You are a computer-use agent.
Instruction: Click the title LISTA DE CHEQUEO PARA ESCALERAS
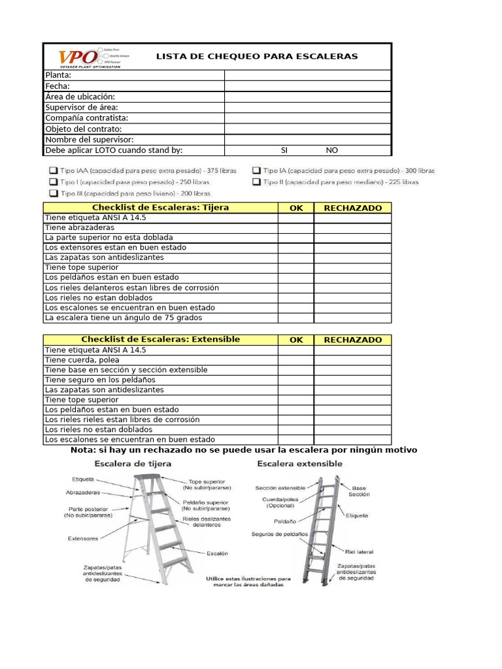(257, 56)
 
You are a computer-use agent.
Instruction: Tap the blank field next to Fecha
(307, 86)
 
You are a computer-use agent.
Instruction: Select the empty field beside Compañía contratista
(307, 118)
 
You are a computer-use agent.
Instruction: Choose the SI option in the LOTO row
(284, 150)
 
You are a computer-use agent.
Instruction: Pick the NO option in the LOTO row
(332, 150)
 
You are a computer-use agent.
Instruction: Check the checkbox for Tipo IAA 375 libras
(53, 170)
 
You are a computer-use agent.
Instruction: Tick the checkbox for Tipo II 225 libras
(257, 182)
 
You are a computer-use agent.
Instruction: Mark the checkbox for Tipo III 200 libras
(53, 194)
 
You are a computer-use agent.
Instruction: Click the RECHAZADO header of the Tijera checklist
(352, 208)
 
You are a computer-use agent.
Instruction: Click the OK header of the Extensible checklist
(296, 340)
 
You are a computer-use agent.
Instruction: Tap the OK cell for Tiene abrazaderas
(295, 227)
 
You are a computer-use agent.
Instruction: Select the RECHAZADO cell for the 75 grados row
(352, 318)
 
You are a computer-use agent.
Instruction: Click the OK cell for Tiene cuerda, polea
(295, 360)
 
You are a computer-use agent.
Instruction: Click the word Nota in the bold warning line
(82, 450)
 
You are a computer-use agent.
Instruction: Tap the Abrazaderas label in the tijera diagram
(83, 492)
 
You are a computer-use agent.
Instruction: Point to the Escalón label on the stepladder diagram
(217, 553)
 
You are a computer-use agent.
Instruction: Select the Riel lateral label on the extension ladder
(360, 551)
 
